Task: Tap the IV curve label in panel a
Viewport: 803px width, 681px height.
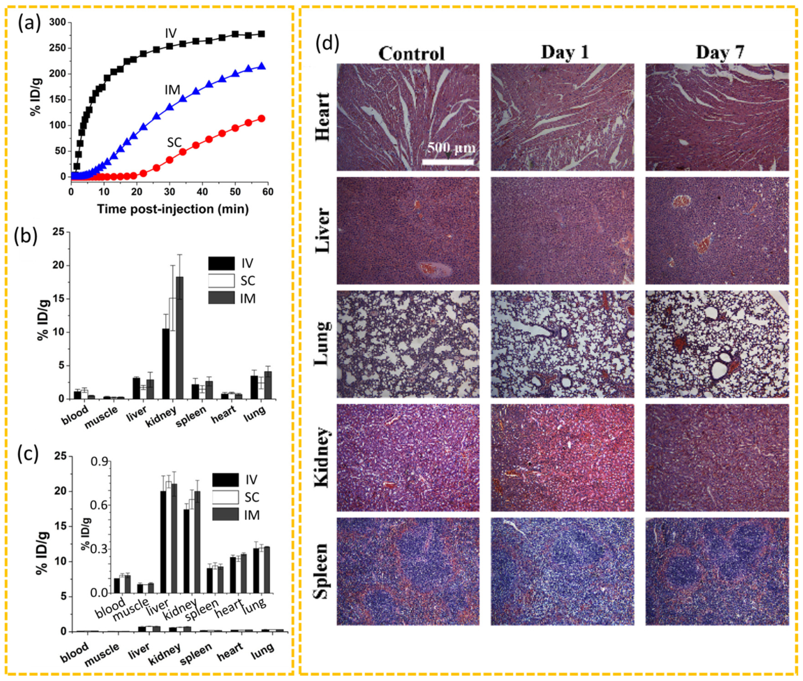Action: click(171, 33)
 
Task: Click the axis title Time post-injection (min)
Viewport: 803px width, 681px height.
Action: click(173, 209)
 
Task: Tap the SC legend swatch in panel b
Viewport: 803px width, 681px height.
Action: click(221, 281)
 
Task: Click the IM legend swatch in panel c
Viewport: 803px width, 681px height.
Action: click(225, 514)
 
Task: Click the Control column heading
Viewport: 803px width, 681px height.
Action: click(411, 53)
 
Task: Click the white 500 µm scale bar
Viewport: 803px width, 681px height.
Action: click(448, 162)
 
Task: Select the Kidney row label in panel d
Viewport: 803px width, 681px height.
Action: click(322, 458)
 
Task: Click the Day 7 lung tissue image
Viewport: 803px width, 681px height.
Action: click(717, 344)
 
